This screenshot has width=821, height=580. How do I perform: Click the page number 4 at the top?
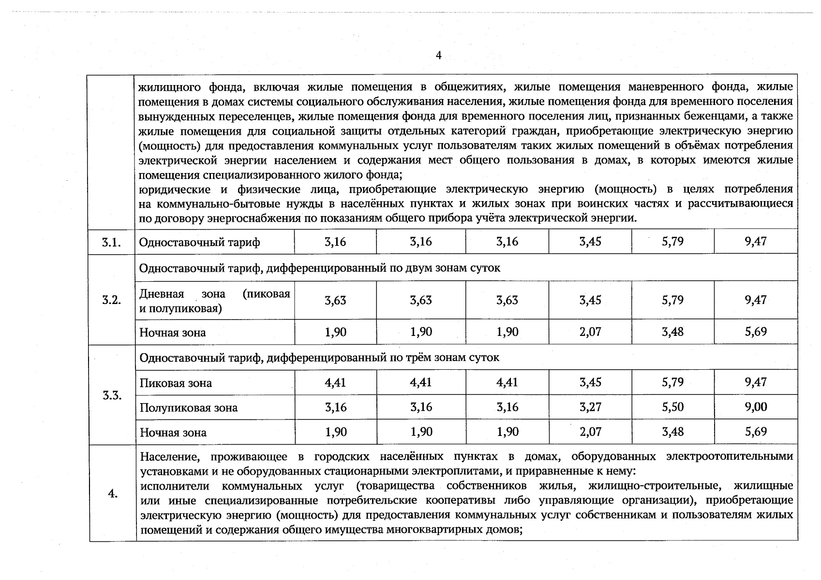coord(438,56)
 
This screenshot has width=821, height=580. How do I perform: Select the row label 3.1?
coord(111,242)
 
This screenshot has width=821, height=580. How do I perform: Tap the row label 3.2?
coord(111,300)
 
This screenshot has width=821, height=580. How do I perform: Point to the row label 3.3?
coord(112,395)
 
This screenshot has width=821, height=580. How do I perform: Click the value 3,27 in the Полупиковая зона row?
coord(590,407)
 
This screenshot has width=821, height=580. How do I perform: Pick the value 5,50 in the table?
coord(672,407)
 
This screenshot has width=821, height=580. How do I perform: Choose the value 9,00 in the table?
coord(756,407)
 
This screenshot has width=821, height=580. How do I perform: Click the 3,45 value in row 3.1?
coord(590,241)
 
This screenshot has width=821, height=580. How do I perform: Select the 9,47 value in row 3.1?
coord(756,241)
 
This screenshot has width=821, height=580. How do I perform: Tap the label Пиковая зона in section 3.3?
coord(176,383)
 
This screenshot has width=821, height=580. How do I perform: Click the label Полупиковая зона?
coord(189,408)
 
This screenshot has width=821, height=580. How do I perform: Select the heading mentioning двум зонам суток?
coord(320,268)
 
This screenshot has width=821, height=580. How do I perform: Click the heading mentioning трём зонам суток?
coord(319,358)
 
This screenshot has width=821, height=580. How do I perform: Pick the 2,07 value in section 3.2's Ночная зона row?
coord(590,332)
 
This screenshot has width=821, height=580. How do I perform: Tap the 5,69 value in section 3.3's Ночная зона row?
coord(756,432)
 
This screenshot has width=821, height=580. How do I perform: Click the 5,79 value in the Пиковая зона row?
coord(672,382)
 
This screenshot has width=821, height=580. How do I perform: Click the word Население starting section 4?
coord(164,457)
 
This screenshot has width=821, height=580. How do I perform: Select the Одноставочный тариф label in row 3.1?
coord(199,242)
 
